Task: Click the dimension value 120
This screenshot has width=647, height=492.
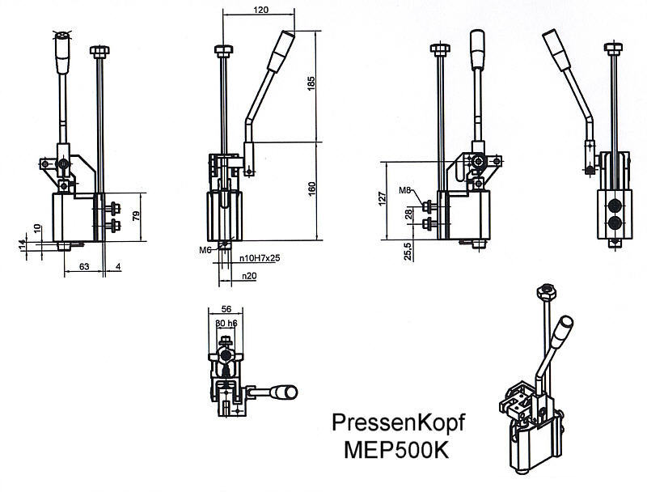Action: tap(260, 11)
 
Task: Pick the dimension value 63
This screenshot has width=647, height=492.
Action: tap(83, 264)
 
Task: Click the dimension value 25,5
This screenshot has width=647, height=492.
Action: tap(408, 250)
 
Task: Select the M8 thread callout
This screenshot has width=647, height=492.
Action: tap(406, 192)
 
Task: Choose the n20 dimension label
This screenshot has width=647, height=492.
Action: tap(248, 276)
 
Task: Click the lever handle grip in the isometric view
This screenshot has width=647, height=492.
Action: tap(565, 328)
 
